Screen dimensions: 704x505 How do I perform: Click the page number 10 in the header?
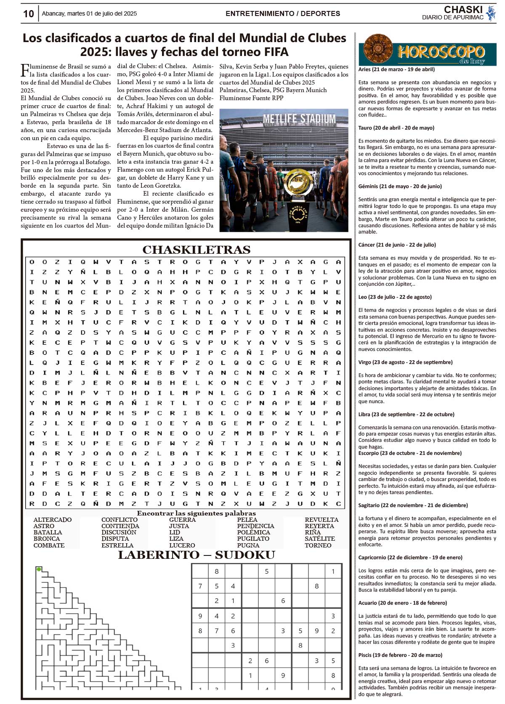28,14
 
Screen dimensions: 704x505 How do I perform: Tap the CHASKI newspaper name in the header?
463,10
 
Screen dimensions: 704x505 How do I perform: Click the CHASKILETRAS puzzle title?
197,250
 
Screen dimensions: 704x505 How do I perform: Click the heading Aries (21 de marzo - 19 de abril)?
396,69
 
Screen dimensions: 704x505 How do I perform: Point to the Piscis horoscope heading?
400,655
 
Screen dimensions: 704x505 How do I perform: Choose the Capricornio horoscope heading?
410,558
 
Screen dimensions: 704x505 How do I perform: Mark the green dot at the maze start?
39,569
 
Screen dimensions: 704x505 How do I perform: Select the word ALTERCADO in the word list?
53,520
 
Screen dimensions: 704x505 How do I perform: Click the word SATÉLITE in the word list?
320,539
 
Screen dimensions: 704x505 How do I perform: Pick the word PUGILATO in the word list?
253,539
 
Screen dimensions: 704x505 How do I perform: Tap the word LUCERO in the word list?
182,545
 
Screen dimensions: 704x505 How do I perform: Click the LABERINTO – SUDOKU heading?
197,555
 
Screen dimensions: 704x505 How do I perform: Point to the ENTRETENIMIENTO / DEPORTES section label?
283,13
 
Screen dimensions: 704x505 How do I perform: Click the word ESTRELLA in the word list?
117,545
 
